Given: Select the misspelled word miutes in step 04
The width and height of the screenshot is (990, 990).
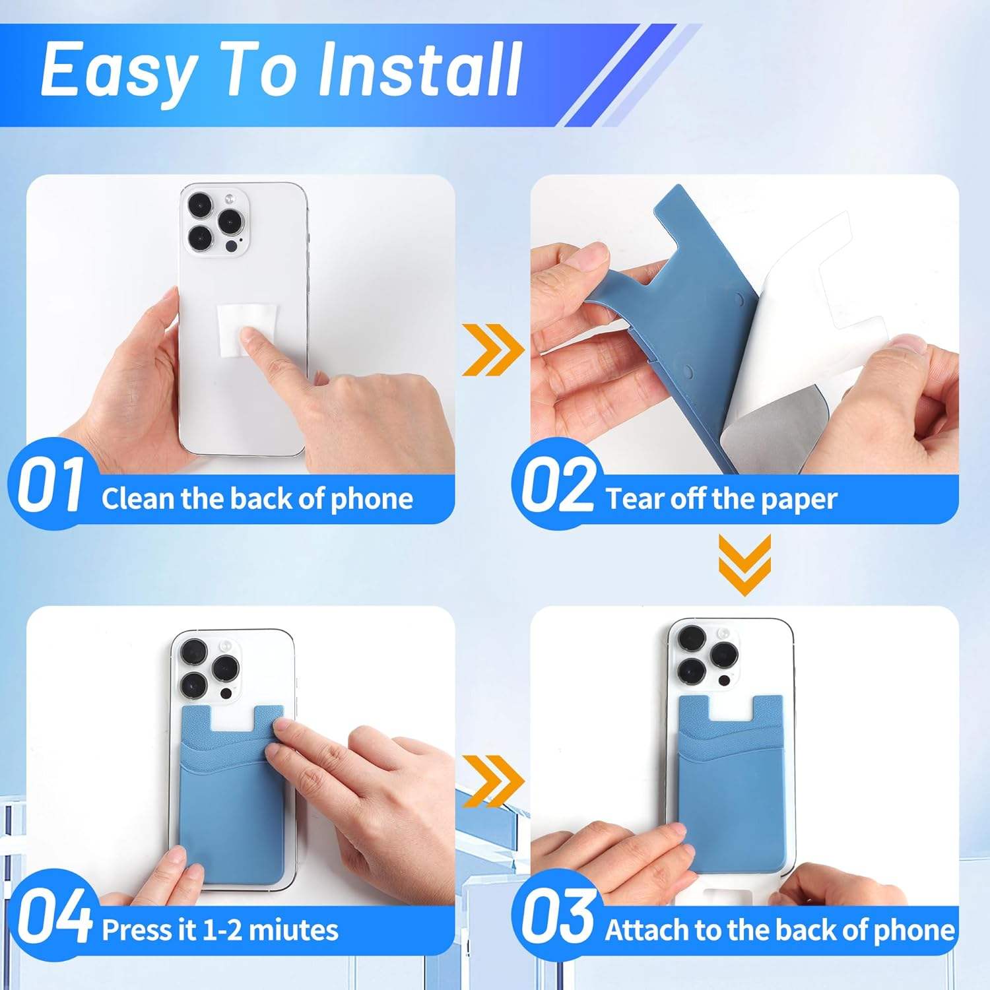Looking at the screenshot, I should click(x=293, y=930).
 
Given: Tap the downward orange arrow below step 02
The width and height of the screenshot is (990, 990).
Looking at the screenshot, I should click(x=744, y=564).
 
